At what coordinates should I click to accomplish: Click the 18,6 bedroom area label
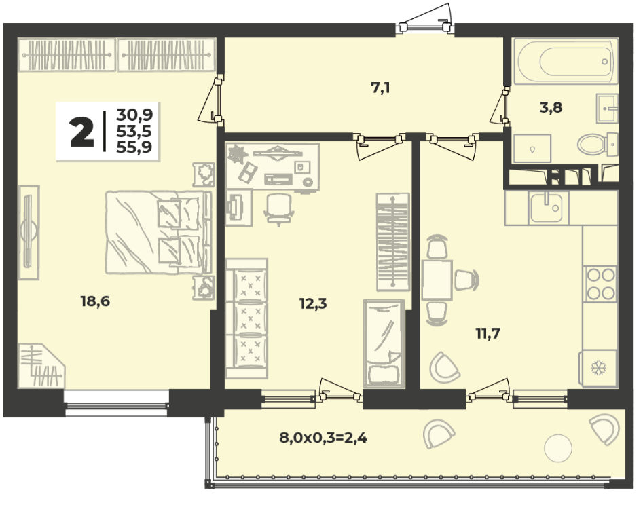[96, 301]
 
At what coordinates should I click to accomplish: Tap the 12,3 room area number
[313, 303]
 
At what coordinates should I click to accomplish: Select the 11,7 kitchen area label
[488, 334]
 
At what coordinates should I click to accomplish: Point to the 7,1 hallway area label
[380, 88]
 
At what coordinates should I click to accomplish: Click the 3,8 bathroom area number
[551, 107]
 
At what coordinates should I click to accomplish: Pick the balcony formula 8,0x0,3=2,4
[324, 438]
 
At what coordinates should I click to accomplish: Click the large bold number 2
[82, 132]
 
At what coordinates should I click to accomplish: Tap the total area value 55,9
[134, 147]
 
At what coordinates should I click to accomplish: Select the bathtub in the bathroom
[566, 62]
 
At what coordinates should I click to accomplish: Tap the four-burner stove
[601, 284]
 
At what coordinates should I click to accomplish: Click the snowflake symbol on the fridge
[598, 368]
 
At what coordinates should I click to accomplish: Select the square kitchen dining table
[437, 280]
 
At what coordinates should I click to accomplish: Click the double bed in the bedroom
[159, 231]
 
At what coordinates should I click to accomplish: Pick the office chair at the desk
[279, 209]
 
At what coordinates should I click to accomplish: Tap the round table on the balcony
[557, 448]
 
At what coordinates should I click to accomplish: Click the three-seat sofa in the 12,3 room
[246, 318]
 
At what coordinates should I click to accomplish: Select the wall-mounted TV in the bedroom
[29, 232]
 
